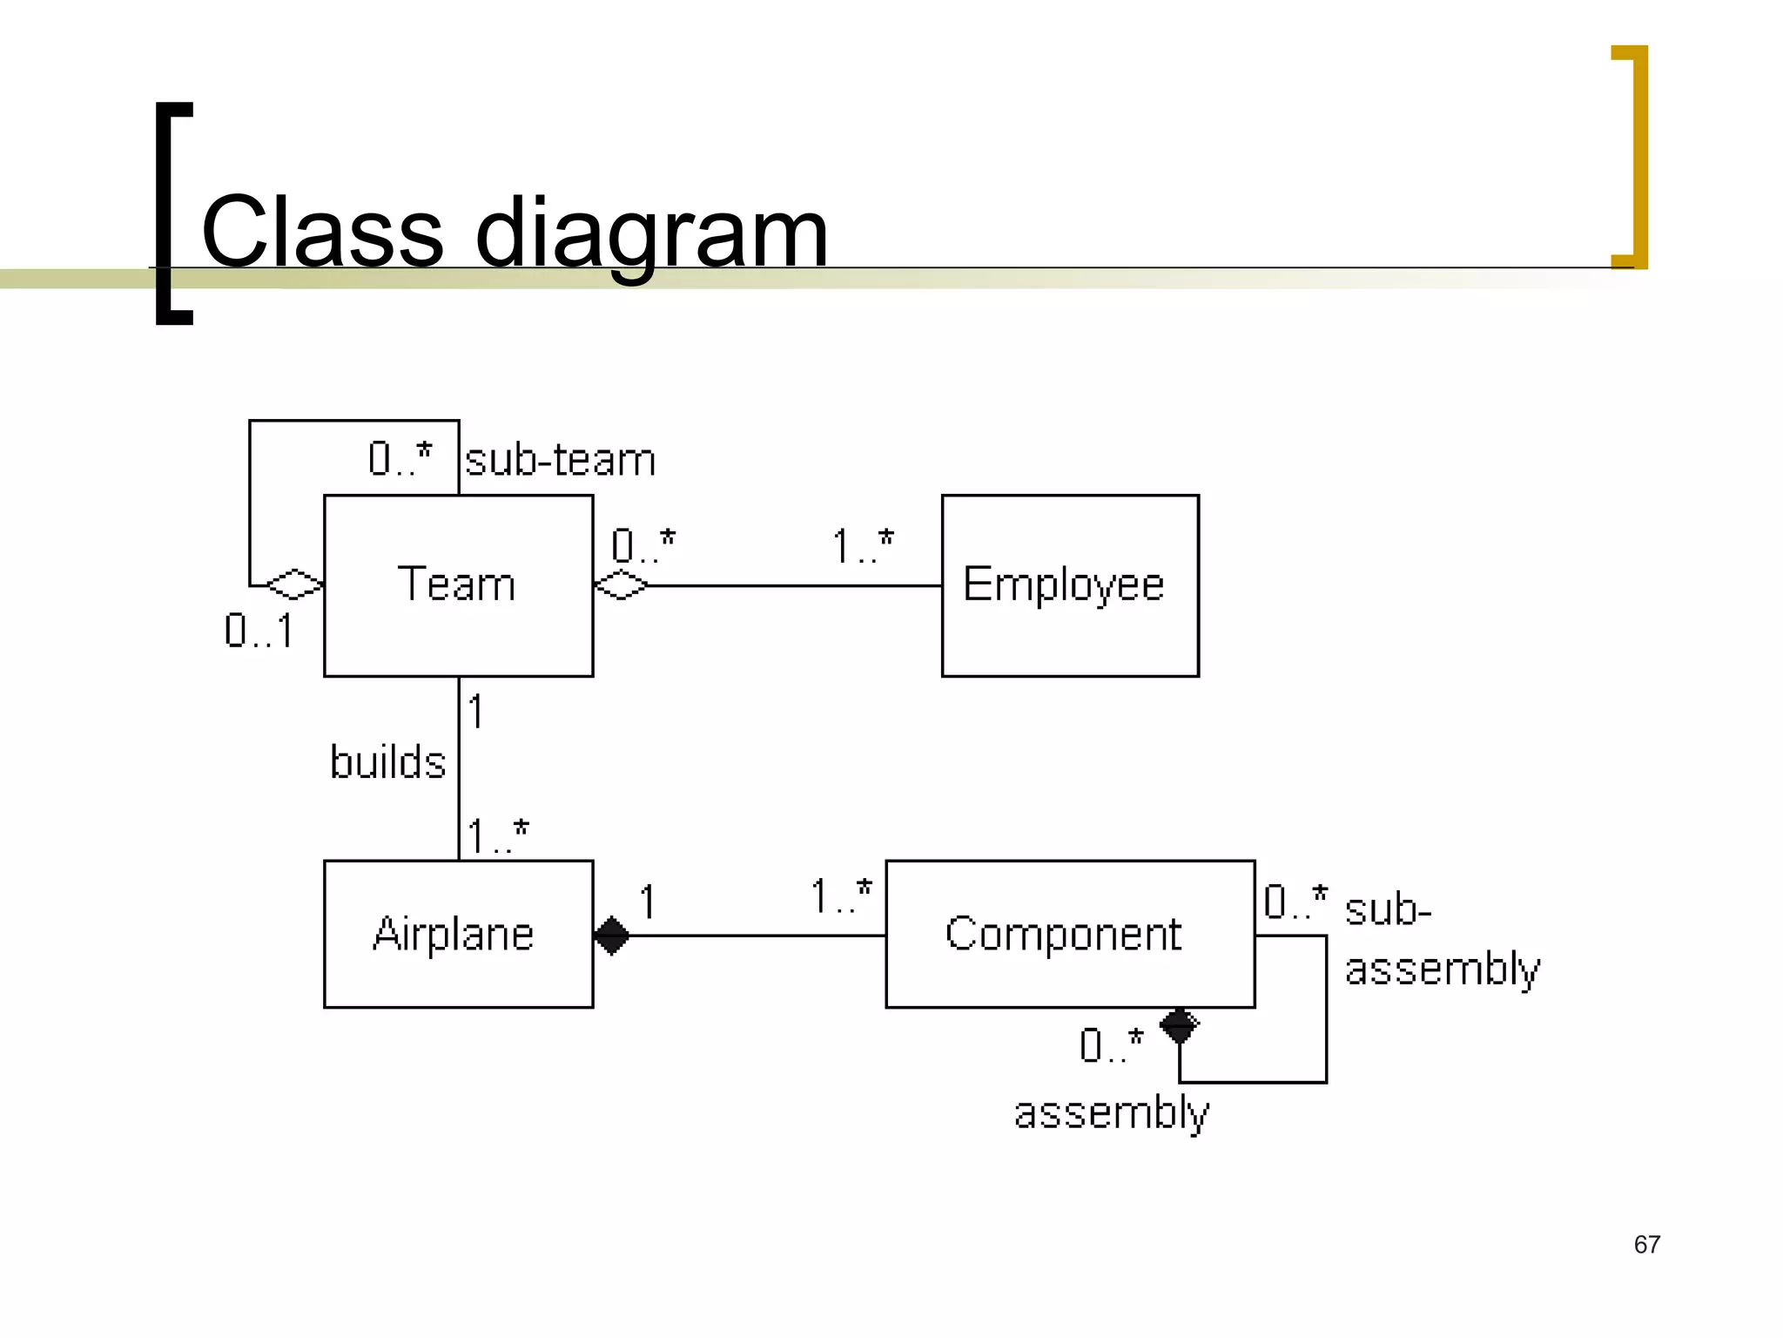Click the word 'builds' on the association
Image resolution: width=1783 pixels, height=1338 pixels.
coord(387,762)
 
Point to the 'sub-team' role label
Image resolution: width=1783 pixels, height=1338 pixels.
coord(560,459)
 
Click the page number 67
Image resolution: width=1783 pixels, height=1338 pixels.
coord(1646,1244)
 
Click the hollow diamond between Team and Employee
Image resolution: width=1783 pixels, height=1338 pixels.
coord(621,585)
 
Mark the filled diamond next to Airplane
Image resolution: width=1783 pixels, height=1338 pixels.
coord(611,936)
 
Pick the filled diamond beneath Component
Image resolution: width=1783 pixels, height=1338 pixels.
coord(1180,1025)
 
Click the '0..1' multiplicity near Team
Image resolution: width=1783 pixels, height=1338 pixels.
coord(259,631)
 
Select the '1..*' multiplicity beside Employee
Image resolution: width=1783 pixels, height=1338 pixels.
coord(862,546)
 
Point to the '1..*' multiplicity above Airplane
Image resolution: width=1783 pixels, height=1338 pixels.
coord(497,835)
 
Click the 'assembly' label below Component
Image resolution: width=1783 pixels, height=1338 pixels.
coord(1112,1113)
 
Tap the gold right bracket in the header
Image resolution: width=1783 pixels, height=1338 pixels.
coord(1633,157)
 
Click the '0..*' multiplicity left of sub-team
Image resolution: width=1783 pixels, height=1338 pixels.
coord(400,458)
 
